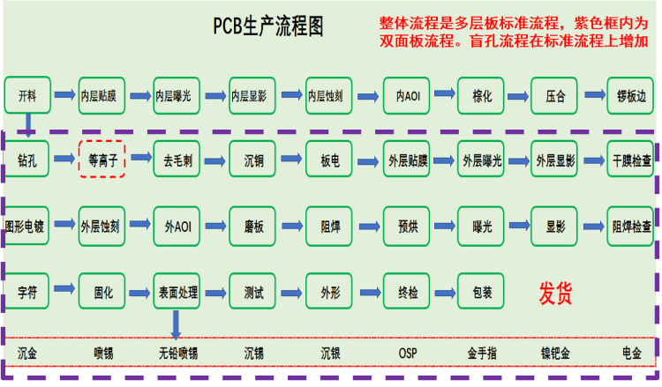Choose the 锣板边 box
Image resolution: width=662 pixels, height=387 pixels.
pyautogui.click(x=631, y=95)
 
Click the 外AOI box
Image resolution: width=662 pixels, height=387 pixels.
pyautogui.click(x=177, y=225)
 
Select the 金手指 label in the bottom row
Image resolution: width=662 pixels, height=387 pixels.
pyautogui.click(x=482, y=354)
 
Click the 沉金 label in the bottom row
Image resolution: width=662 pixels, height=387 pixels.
pyautogui.click(x=27, y=354)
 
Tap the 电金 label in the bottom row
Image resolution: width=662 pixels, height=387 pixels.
pyautogui.click(x=631, y=354)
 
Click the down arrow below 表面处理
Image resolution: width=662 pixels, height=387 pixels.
pyautogui.click(x=177, y=323)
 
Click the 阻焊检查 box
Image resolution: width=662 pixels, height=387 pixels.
pyautogui.click(x=631, y=225)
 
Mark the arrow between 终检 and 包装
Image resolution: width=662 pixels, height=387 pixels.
pyautogui.click(x=442, y=288)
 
